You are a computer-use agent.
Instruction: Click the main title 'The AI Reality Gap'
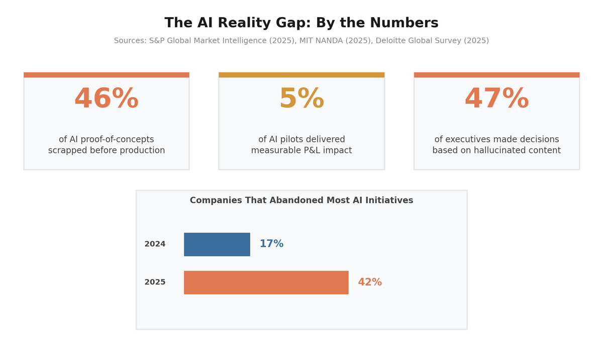tap(301, 23)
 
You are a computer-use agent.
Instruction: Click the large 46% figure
tap(107, 99)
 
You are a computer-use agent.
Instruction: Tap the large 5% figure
tap(301, 99)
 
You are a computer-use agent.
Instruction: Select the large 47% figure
tap(496, 99)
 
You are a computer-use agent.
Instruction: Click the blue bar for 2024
tap(217, 244)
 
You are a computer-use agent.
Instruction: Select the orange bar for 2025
tap(266, 283)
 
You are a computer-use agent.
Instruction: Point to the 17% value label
tap(271, 244)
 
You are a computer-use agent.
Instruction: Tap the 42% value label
tap(370, 283)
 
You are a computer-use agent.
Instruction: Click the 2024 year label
tap(155, 244)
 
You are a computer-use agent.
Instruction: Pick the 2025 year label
tap(155, 283)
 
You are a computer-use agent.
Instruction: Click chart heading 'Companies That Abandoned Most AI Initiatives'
tap(301, 201)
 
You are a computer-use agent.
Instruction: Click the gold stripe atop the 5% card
tap(301, 75)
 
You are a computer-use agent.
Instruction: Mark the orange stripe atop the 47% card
tap(496, 75)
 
